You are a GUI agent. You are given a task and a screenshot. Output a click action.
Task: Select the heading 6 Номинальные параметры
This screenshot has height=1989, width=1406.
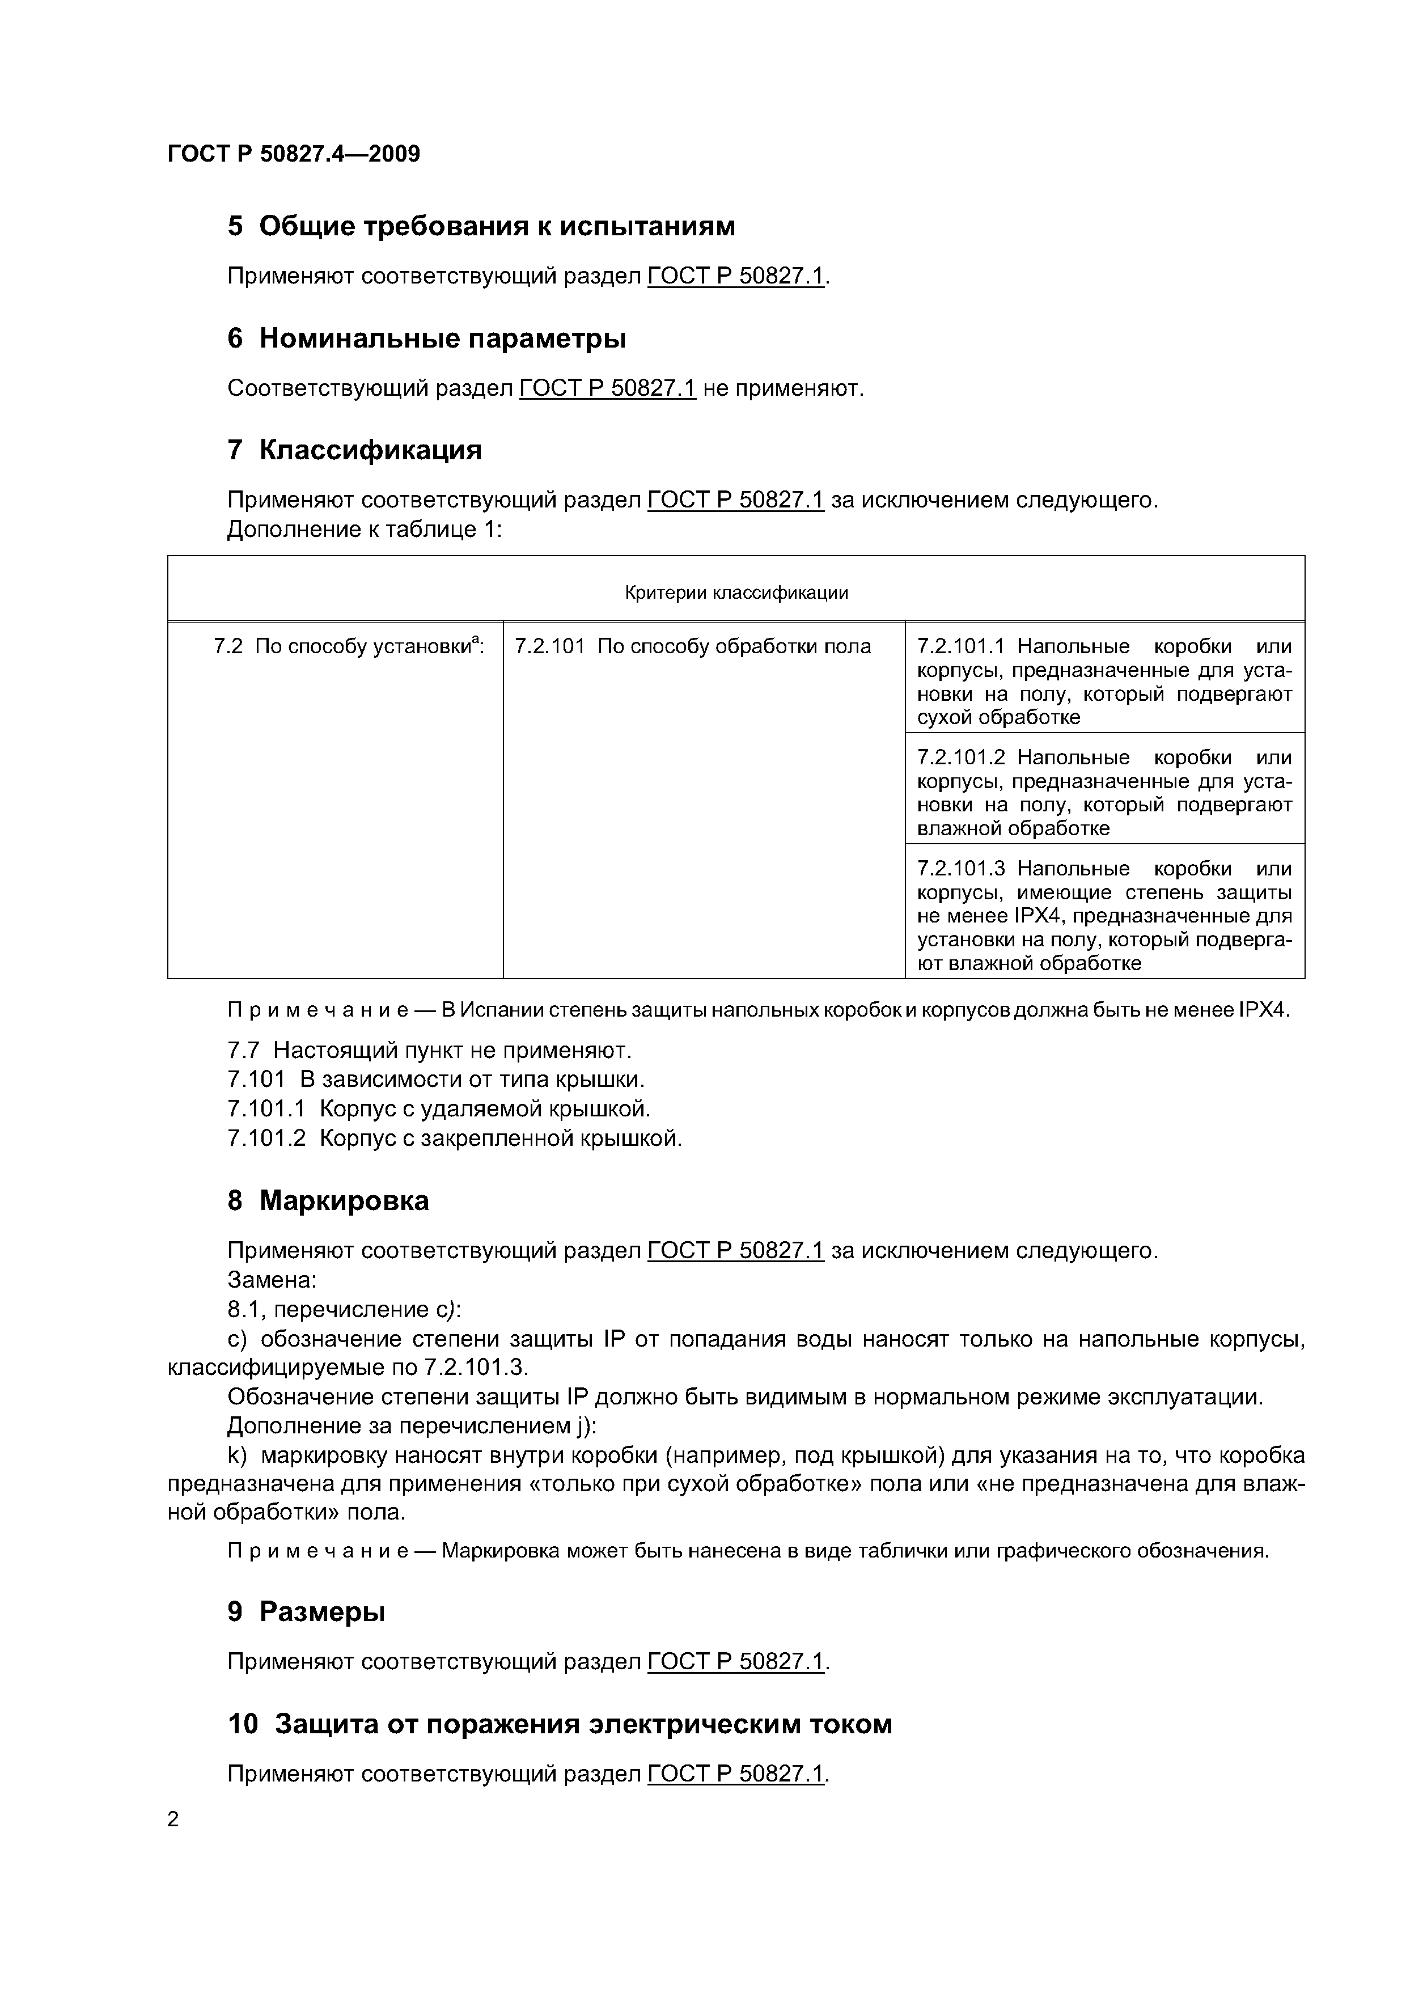coord(426,338)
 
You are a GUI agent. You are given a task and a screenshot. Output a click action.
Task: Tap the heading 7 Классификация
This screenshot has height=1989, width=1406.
coord(354,450)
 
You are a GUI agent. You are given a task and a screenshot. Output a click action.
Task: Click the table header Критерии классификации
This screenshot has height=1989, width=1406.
coord(735,593)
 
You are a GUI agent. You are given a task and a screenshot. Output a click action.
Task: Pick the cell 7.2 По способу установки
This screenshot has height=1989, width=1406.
coord(348,646)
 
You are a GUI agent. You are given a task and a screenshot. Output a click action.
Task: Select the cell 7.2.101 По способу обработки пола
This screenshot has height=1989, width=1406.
coord(692,646)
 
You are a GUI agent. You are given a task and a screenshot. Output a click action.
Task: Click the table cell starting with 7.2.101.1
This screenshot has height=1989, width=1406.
coord(1104,681)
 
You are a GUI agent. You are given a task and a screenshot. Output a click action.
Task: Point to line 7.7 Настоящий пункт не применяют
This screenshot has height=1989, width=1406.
coord(430,1050)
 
